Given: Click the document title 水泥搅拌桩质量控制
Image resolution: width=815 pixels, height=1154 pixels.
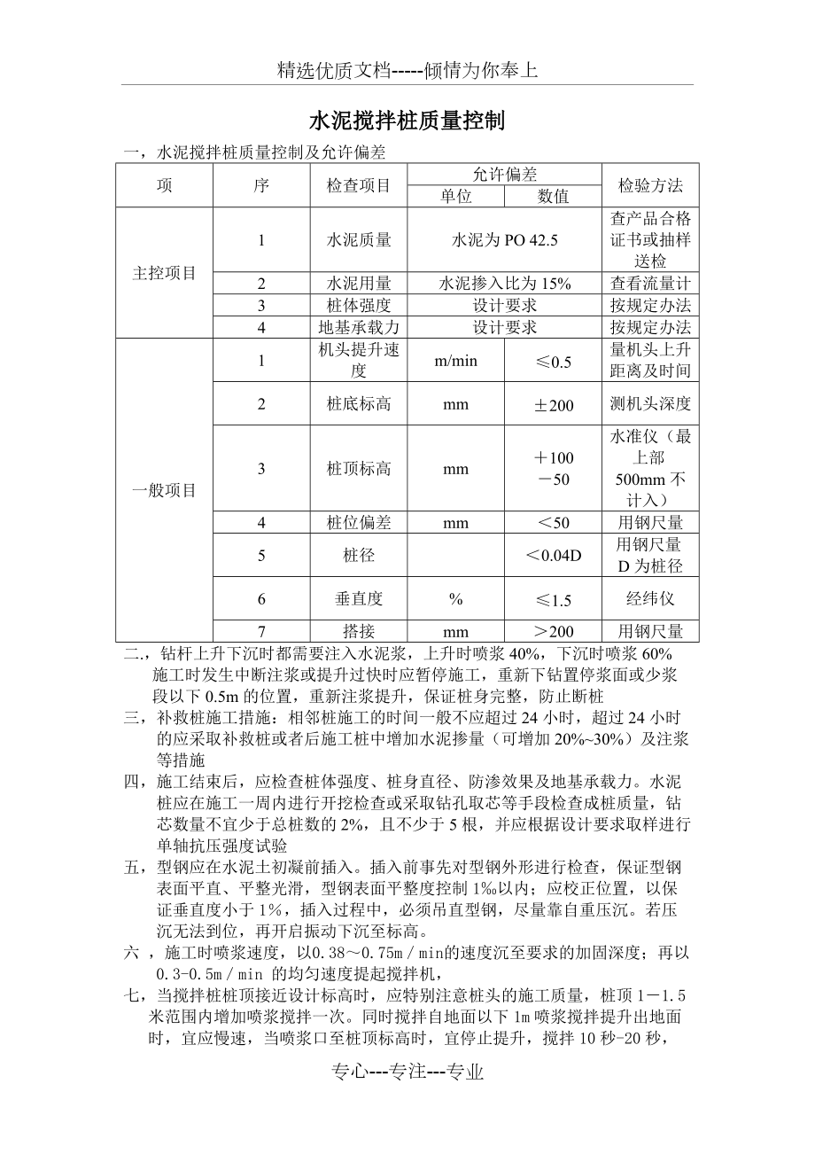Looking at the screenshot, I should point(407,121).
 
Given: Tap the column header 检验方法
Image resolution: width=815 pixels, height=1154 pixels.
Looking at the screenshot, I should point(650,185).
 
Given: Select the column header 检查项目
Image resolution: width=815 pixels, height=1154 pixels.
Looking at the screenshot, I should point(359,185).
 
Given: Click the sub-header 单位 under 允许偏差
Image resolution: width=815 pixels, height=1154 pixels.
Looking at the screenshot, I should point(456,197).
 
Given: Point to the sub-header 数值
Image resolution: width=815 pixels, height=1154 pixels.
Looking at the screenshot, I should point(554,197).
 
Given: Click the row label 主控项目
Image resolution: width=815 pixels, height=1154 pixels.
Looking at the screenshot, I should point(164,273).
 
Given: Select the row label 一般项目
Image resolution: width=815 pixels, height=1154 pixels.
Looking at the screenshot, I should point(164,490).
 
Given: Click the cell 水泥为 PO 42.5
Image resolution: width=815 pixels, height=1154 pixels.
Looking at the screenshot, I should point(505,240).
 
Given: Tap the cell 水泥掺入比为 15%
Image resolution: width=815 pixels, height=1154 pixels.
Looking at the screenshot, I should point(505,284).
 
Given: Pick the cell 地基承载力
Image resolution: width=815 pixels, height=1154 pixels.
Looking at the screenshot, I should point(359,327).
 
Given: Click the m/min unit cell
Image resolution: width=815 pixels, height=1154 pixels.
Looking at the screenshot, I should point(456,361).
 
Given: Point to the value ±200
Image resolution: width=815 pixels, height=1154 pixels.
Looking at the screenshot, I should point(554,405).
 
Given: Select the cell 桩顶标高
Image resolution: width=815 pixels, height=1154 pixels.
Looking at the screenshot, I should point(359,468).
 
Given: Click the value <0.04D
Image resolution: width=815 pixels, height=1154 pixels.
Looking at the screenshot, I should point(554,556).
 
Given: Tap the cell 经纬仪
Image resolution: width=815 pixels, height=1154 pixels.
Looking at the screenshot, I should point(650,598).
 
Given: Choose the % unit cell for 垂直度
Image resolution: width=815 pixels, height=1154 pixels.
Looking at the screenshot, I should point(456,599).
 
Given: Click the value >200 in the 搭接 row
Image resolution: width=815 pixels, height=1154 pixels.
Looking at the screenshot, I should point(554,632).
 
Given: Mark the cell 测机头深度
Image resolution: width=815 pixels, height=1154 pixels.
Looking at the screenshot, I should point(650,404).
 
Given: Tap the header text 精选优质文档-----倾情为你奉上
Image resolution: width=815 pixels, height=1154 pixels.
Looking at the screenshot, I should point(407,71).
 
